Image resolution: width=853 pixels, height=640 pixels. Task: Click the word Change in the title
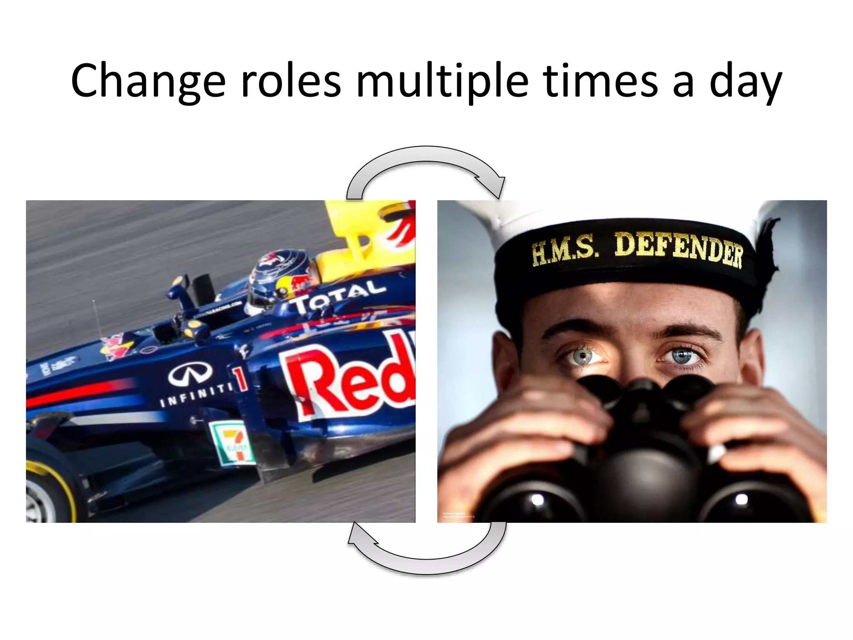pos(148,81)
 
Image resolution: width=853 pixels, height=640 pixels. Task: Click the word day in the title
pos(745,81)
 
